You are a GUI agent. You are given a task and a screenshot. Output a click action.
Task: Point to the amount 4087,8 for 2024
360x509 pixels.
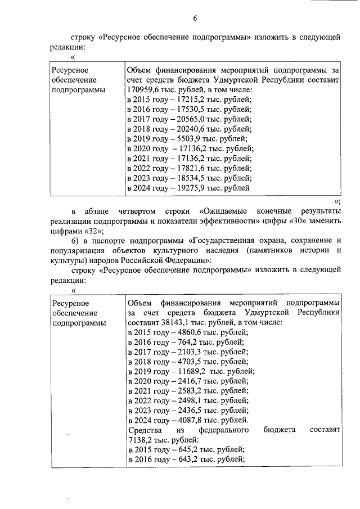(183, 420)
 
